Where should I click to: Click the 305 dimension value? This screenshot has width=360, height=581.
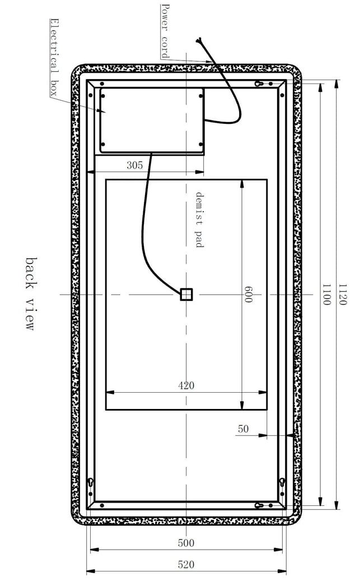[x=134, y=165]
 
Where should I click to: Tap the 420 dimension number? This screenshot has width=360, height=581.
[x=186, y=385]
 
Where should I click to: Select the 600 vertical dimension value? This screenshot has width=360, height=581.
[x=249, y=294]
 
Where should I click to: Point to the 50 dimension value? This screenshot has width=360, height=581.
[x=244, y=429]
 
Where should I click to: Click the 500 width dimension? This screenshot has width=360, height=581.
[x=186, y=543]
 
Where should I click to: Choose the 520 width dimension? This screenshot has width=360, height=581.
[x=186, y=565]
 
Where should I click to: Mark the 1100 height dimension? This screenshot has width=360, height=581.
[x=326, y=294]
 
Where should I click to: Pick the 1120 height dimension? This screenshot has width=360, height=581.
[x=343, y=294]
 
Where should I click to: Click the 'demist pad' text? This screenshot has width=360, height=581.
[x=200, y=220]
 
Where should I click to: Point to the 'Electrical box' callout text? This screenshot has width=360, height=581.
[x=54, y=58]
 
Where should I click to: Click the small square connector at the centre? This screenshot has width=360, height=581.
[x=186, y=295]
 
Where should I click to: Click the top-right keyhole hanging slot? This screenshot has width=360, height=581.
[x=260, y=83]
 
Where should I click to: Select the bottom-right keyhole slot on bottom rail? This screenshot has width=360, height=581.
[x=260, y=505]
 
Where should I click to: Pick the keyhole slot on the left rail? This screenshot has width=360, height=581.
[x=91, y=482]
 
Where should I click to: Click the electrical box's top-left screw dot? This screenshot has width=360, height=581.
[x=103, y=96]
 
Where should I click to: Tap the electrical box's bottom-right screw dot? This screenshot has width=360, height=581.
[x=201, y=145]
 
